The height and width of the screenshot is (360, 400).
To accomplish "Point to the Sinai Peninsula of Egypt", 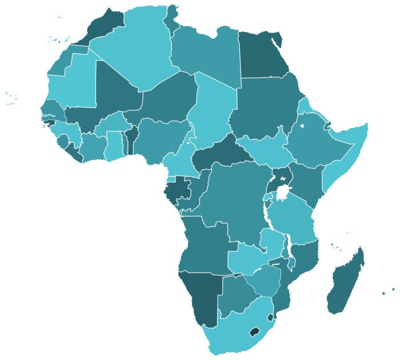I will point(277,40).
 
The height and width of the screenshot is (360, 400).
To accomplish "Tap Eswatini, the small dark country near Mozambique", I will point(270,316).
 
